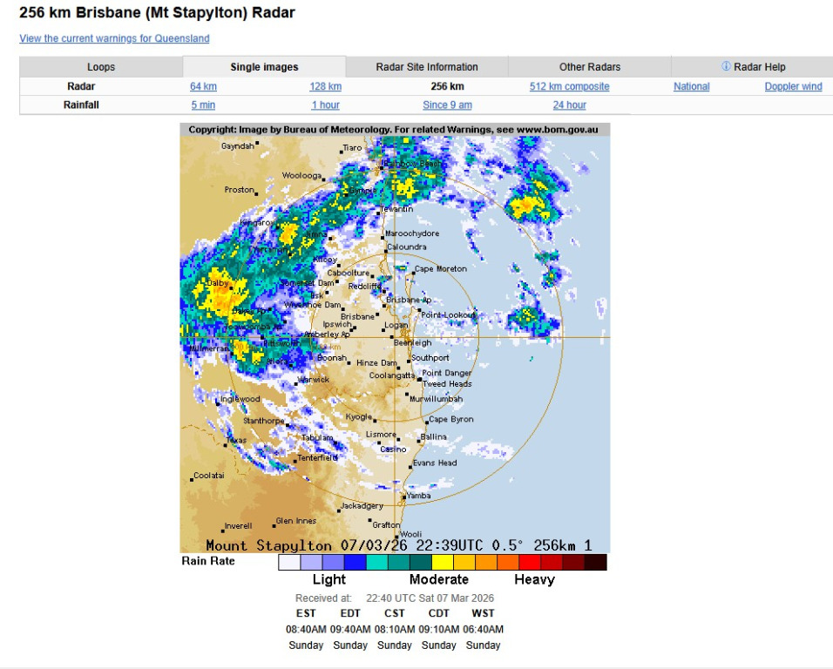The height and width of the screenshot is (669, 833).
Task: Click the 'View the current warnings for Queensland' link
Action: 114,38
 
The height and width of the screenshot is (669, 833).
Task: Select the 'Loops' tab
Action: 101,67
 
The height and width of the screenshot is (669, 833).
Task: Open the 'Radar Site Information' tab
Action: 427,67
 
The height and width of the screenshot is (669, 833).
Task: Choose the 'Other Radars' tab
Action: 590,67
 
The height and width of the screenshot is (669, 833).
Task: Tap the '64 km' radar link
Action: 203,86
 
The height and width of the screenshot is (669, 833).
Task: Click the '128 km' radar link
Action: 325,86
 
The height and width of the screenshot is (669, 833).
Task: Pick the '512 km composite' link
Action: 569,86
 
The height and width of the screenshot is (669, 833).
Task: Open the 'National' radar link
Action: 691,86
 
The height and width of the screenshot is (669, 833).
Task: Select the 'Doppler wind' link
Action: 793,86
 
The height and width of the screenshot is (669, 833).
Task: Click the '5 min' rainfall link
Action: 203,105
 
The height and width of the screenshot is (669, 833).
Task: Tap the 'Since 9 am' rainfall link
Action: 447,105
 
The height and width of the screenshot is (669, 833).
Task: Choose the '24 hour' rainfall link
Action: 569,105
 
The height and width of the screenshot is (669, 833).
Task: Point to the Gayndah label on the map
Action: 237,146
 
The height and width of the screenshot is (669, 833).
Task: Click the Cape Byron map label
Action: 451,419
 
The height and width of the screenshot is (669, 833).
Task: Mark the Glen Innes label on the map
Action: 295,521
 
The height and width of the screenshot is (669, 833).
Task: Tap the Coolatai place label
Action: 208,476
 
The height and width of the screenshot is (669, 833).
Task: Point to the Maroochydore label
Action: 411,233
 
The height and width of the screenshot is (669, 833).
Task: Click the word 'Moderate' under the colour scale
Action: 439,579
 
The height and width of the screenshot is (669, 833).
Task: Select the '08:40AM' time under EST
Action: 306,629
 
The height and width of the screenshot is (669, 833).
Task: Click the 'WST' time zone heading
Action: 483,613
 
